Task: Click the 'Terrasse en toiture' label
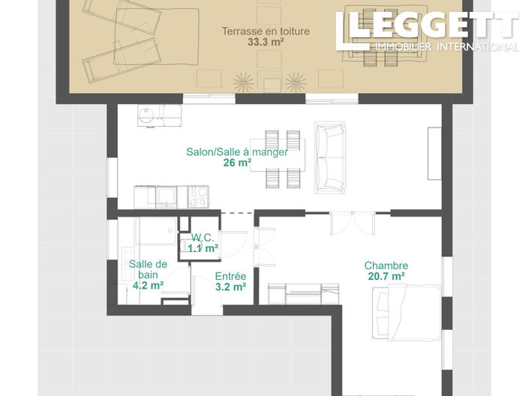click(266, 31)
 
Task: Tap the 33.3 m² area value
click(266, 43)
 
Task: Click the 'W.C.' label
click(203, 237)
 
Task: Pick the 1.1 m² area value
click(203, 247)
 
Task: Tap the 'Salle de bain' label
click(148, 269)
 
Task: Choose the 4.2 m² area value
click(148, 285)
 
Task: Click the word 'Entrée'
click(230, 276)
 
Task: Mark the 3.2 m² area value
click(230, 286)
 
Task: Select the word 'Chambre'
click(386, 265)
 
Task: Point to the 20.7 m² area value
click(386, 277)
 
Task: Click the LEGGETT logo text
click(431, 26)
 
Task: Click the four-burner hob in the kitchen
click(199, 196)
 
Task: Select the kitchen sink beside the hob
click(166, 196)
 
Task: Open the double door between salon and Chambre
click(352, 222)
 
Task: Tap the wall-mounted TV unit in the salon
click(433, 153)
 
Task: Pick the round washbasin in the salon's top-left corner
click(146, 115)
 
